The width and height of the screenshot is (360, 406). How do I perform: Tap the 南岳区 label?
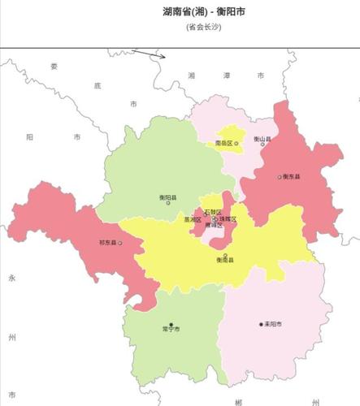pyautogui.click(x=223, y=143)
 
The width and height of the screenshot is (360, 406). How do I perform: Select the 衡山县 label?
pyautogui.click(x=262, y=139)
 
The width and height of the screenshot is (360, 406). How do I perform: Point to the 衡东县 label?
pyautogui.click(x=292, y=176)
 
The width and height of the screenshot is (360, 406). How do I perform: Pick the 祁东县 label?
pyautogui.click(x=107, y=242)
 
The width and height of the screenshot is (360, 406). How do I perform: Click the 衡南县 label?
pyautogui.click(x=225, y=260)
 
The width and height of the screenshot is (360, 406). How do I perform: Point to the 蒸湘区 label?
pyautogui.click(x=193, y=219)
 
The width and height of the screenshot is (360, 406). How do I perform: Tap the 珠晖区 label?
pyautogui.click(x=228, y=219)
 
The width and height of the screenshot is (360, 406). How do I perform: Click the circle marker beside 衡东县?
pyautogui.click(x=279, y=176)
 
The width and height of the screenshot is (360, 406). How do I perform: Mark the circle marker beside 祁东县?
pyautogui.click(x=120, y=242)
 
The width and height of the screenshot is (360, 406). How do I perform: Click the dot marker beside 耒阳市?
pyautogui.click(x=261, y=324)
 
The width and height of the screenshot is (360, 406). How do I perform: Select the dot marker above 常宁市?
pyautogui.click(x=171, y=325)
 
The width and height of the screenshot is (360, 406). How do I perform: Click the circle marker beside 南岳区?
pyautogui.click(x=237, y=143)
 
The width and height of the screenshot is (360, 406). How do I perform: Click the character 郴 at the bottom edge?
pyautogui.click(x=237, y=401)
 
